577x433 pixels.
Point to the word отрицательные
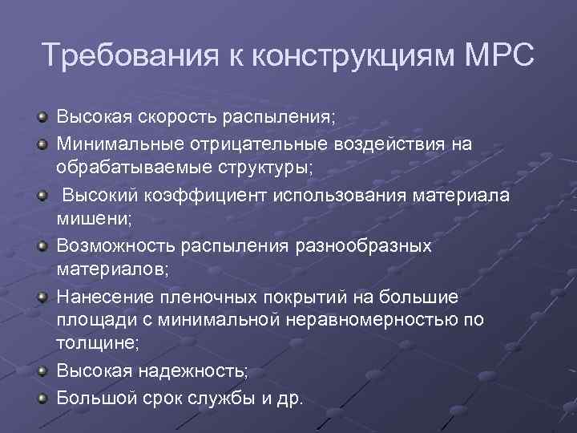click(245, 144)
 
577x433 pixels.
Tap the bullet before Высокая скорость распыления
click(42, 119)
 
